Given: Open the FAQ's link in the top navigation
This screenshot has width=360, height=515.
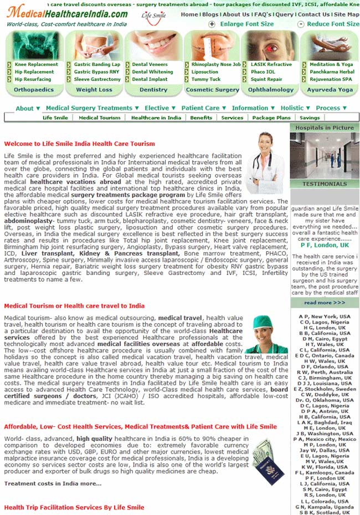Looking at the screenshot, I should tap(263, 14).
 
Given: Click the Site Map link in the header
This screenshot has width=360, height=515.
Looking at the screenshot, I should tap(346, 14).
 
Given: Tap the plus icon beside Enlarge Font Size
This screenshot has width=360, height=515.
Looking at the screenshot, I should tap(212, 24).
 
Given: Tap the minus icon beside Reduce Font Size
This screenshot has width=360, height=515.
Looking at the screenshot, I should tap(301, 24).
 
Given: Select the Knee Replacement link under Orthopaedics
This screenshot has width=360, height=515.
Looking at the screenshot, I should tap(36, 64).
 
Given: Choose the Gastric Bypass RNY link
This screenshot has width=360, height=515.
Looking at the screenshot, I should tap(96, 72).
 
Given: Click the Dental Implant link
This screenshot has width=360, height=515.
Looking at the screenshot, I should tap(150, 79).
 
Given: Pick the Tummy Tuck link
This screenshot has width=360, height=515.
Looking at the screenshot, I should tap(206, 79).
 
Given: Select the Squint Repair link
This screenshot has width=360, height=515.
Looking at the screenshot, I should tap(266, 79).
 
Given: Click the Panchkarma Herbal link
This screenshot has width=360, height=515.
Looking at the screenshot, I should tap(332, 72).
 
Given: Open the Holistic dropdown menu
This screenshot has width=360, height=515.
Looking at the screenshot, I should tap(295, 108).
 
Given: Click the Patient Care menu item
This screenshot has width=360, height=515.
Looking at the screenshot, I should tap(203, 108).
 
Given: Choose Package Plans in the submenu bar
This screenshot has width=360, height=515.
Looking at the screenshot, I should tap(271, 118).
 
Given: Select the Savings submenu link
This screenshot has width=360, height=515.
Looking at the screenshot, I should tap(310, 118).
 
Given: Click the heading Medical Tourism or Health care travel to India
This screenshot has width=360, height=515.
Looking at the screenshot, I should tap(74, 305).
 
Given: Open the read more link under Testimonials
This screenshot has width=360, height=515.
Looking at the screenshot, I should tap(324, 303).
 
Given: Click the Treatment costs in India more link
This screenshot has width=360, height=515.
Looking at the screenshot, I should tap(53, 483).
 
